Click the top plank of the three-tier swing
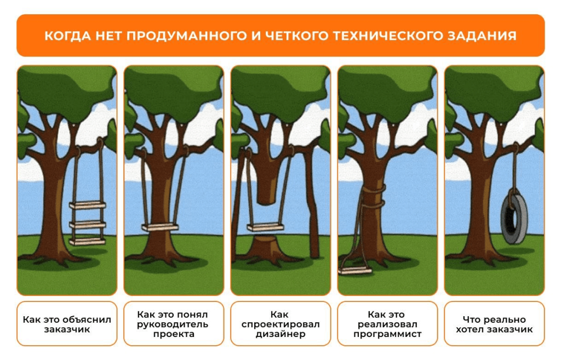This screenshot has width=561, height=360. click(88, 205)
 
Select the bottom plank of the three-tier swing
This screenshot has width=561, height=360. click(88, 242)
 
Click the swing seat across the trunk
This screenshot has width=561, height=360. click(160, 227)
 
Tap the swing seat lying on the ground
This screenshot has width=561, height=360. click(355, 271)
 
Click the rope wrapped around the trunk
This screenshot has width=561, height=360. click(373, 198)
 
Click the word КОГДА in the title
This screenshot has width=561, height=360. click(68, 36)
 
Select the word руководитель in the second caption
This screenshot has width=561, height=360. click(173, 324)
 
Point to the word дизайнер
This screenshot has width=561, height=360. click(280, 334)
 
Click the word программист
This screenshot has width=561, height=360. click(387, 334)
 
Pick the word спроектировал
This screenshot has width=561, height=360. click(280, 324)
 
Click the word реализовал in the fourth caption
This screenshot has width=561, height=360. click(387, 324)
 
